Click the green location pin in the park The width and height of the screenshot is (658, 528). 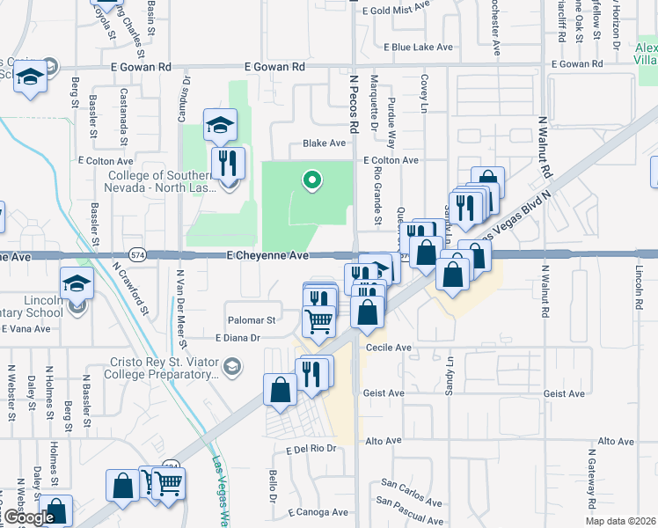point(311,180)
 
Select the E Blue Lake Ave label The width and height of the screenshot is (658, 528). point(418,47)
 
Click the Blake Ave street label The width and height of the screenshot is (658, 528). point(324,143)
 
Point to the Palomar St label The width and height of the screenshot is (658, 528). point(253,320)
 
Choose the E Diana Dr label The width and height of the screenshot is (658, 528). point(238,337)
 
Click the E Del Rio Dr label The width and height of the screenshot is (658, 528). point(311,449)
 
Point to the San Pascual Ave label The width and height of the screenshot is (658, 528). point(410,502)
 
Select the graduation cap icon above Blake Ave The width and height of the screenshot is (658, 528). point(220,124)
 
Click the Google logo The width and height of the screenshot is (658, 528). point(28,517)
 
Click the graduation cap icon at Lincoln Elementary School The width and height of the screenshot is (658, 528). point(77,284)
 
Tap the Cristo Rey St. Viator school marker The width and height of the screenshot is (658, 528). point(232,366)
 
